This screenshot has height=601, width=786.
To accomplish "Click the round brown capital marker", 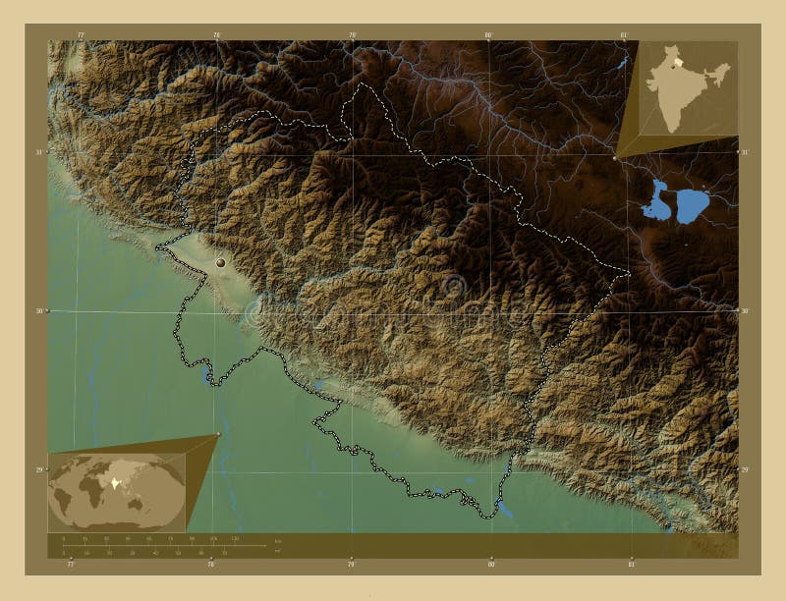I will tap(220, 262).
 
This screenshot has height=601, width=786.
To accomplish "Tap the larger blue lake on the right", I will tap(693, 203).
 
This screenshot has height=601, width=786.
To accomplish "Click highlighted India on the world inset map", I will tap(118, 483).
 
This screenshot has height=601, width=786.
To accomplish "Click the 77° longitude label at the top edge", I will tap(82, 35).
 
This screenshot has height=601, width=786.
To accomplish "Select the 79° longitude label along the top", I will tap(352, 35).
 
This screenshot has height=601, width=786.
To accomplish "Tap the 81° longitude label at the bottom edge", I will tap(632, 565).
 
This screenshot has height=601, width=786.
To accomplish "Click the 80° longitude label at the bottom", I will tap(491, 565).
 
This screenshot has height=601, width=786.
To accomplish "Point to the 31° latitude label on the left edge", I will tap(40, 152).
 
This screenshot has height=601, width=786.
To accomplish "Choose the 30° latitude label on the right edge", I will tap(745, 310).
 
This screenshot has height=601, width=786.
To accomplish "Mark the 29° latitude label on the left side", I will tap(40, 469).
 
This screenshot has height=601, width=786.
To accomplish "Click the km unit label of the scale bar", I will tap(278, 541).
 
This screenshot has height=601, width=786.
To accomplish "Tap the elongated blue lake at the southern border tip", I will tap(506, 510).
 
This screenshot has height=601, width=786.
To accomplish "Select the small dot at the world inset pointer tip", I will tap(217, 435).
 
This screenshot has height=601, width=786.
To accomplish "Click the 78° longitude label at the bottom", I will tap(210, 565).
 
